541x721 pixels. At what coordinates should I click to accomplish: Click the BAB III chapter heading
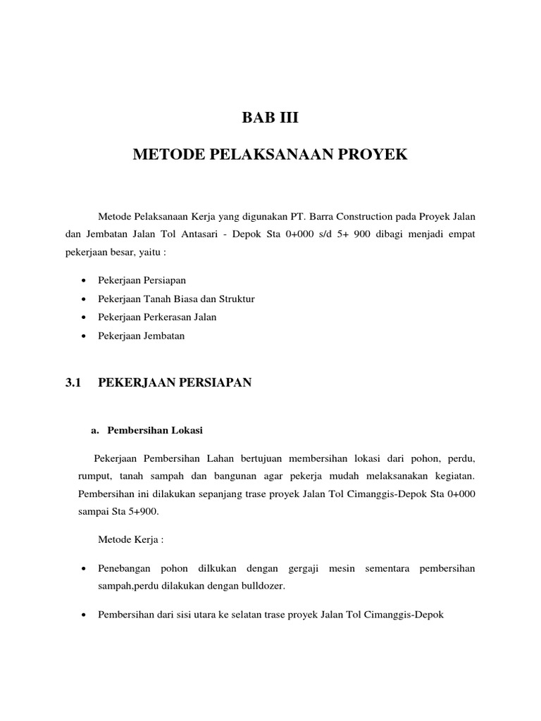coord(270,118)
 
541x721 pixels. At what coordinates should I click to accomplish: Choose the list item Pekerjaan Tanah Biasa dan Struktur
coord(176,299)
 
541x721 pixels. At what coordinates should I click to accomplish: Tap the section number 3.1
coord(73,382)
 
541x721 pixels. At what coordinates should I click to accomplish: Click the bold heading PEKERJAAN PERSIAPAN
coord(174,382)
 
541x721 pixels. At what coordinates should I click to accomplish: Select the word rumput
coord(94,475)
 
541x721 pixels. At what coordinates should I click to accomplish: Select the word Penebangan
coord(125,568)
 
